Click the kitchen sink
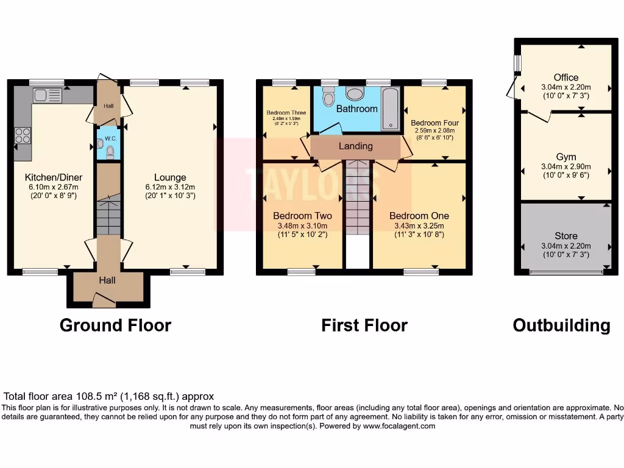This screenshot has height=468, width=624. (48, 95)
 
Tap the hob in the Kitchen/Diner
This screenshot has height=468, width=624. (23, 135)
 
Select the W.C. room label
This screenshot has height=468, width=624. (110, 138)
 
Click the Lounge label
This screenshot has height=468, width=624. (170, 177)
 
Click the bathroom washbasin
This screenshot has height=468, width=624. (355, 93)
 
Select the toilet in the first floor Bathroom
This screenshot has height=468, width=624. (328, 97)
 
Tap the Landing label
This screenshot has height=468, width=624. (356, 146)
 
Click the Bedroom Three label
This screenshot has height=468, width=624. (286, 113)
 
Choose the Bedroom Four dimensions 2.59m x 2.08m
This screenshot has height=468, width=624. (435, 130)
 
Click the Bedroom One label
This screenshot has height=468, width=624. (419, 216)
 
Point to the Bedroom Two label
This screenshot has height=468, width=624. (302, 216)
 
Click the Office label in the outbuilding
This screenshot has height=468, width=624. (566, 77)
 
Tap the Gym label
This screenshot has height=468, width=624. (566, 157)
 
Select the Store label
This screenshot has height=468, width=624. (566, 236)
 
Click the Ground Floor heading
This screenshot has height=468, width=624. (115, 325)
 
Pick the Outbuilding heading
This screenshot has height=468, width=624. (561, 325)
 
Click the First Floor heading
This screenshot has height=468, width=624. (364, 325)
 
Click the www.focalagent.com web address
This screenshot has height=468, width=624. (399, 427)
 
